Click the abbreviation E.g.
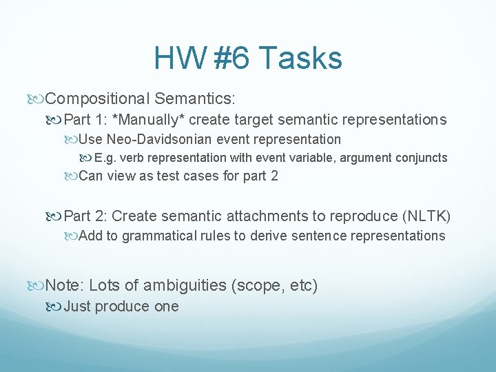[x=107, y=158]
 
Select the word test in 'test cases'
[x=175, y=176]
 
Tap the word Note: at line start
[x=64, y=285]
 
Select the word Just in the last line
[x=77, y=307]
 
